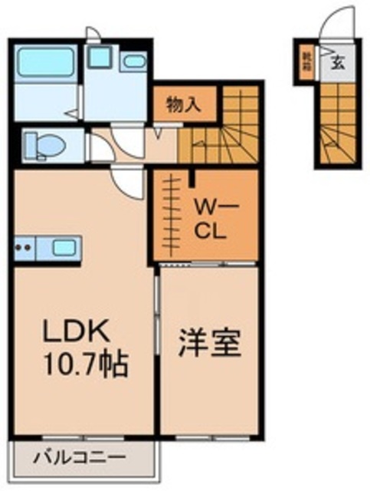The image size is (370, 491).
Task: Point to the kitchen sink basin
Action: [x=63, y=248]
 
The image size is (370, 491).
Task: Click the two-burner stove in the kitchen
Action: [x=25, y=248]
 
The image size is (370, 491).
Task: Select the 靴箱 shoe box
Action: [x=306, y=60]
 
